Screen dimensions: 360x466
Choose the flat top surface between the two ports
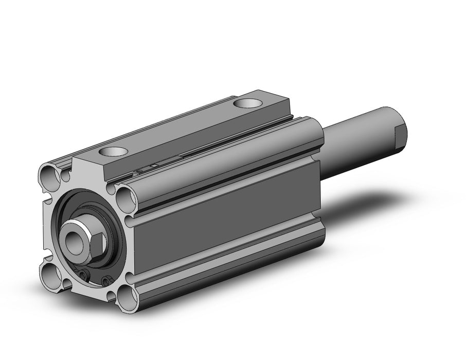[x=180, y=129]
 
